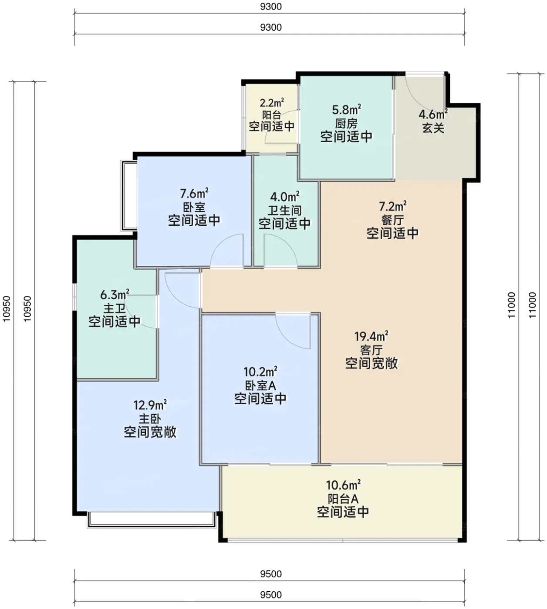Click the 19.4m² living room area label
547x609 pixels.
371,336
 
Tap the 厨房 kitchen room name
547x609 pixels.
346,124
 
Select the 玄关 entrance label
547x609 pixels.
433,128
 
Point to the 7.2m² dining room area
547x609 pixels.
392,206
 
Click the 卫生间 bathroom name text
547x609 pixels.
284,211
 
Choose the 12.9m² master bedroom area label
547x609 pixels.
150,405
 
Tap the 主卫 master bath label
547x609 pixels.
115,308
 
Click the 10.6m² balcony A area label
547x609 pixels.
343,485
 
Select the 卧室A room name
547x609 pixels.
260,385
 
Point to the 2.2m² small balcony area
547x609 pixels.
272,103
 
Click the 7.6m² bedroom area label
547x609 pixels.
194,193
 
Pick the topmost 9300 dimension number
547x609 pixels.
271,7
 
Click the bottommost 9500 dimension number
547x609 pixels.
271,595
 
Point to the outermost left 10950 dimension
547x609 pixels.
7,309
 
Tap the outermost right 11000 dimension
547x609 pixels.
533,304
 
